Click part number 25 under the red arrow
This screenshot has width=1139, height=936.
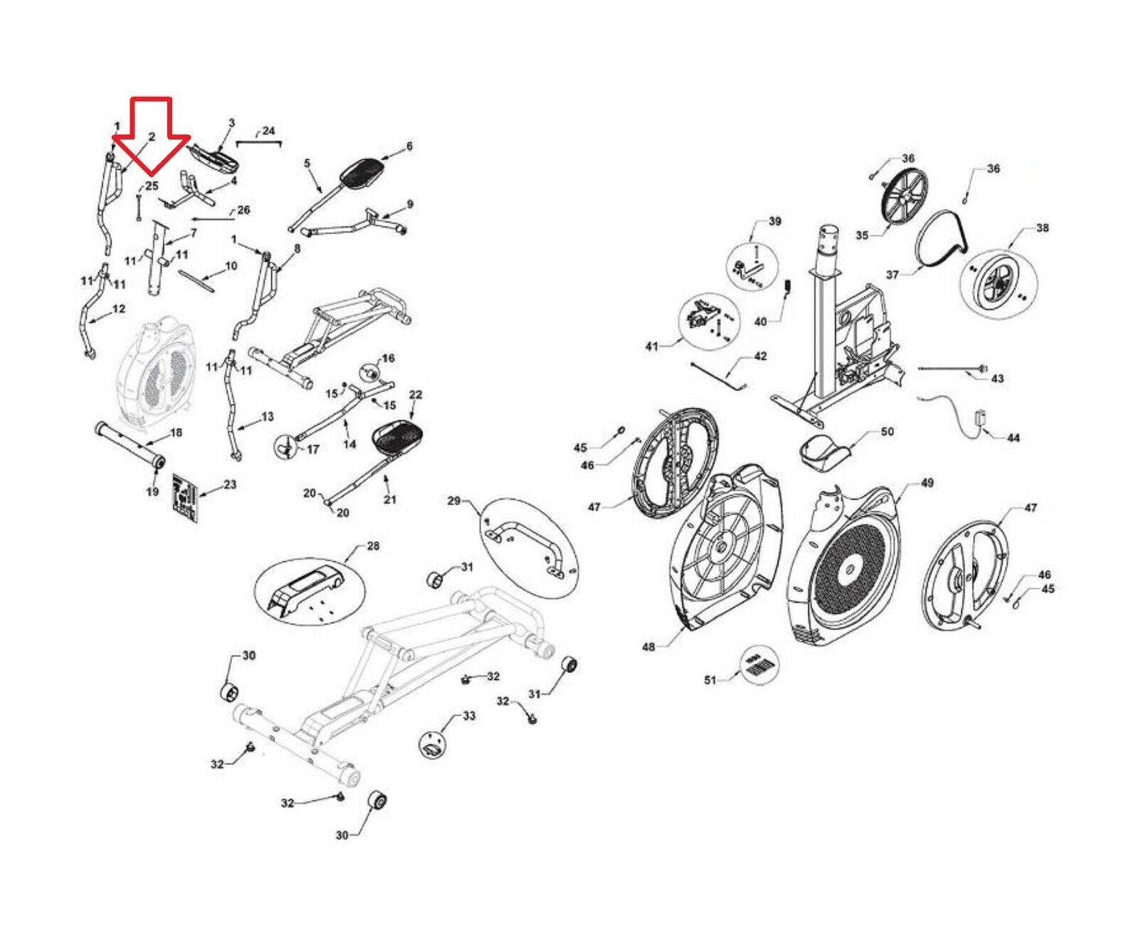tap(151, 186)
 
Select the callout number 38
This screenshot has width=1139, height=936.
tap(1042, 228)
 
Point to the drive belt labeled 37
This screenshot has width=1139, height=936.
tap(940, 242)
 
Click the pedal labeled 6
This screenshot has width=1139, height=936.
tap(363, 171)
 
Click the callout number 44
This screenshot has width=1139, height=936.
tap(1013, 438)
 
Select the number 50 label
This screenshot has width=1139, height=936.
tap(887, 431)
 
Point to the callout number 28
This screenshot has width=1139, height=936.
tap(373, 546)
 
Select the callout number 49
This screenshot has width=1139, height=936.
tap(927, 483)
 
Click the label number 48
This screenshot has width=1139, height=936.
tap(649, 647)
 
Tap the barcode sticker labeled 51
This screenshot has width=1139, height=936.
tap(760, 667)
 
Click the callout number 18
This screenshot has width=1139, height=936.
tap(176, 432)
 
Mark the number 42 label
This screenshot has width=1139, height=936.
tap(760, 356)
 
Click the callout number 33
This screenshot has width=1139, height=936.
tap(468, 715)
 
